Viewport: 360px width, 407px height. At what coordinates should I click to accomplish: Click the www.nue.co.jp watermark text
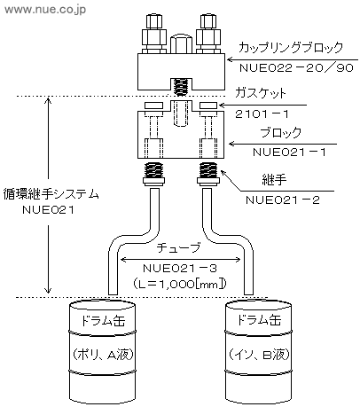click(45, 10)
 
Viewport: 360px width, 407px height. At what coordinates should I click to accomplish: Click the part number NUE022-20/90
click(296, 68)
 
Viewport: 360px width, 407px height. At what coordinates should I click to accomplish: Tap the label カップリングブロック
click(291, 47)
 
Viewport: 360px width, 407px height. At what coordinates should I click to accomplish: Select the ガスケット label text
click(261, 93)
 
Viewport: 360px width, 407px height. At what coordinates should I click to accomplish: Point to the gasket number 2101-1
click(262, 113)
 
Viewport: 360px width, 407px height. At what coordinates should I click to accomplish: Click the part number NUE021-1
click(289, 153)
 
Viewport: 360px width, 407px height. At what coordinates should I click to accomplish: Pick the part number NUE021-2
click(283, 200)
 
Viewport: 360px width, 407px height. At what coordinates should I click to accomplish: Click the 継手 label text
click(274, 179)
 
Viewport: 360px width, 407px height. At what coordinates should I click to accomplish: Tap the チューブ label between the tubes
click(178, 247)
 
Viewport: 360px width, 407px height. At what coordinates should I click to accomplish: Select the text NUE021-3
click(180, 269)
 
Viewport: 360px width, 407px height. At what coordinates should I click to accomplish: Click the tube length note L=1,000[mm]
click(180, 284)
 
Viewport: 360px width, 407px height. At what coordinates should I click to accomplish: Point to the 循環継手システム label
click(51, 194)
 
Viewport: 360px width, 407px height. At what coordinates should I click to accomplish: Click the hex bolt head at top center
click(181, 43)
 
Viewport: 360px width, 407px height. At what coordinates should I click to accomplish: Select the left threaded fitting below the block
click(153, 174)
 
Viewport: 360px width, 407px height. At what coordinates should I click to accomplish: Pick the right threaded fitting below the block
click(208, 174)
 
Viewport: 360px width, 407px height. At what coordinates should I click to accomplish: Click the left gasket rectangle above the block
click(153, 106)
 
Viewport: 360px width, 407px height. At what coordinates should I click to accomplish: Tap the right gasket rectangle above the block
click(208, 106)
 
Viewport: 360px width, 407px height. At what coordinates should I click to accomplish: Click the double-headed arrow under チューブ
click(181, 260)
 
